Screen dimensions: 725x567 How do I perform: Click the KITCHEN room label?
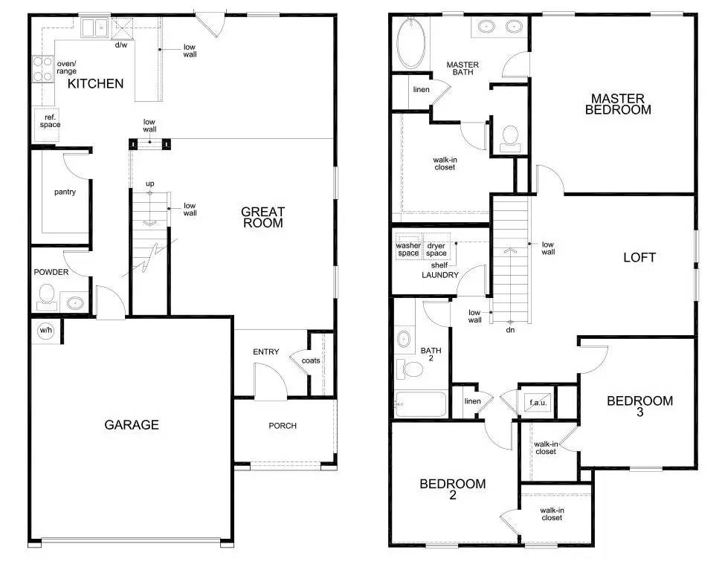[x=96, y=84]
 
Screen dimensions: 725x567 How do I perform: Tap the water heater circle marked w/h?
[x=46, y=331]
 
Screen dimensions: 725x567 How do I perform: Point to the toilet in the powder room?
[x=46, y=296]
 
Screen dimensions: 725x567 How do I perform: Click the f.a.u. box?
[x=538, y=402]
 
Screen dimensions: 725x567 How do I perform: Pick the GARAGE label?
[x=132, y=424]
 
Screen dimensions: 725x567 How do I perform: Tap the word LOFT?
[x=639, y=257]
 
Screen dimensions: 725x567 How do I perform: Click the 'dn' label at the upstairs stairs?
[x=510, y=330]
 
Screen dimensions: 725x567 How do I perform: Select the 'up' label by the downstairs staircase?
[x=149, y=184]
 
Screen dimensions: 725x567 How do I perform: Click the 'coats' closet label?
[x=311, y=360]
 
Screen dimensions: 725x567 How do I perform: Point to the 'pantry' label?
[x=65, y=192]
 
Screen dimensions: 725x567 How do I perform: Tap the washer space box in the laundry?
[x=408, y=246]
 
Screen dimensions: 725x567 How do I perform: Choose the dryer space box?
[x=436, y=246]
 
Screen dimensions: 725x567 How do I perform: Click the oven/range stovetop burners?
[x=42, y=69]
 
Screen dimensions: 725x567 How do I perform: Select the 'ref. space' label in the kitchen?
[x=50, y=121]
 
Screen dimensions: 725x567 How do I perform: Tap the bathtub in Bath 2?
[x=421, y=405]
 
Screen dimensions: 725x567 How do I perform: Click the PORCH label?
[x=283, y=426]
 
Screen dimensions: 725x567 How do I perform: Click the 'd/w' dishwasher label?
[x=121, y=45]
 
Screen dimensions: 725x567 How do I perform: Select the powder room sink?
[x=74, y=303]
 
